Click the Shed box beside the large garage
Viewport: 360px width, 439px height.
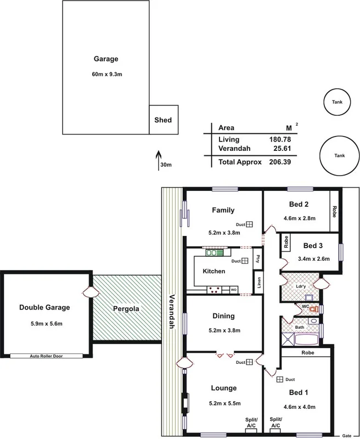(x=164, y=120)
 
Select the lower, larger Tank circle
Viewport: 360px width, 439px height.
(x=339, y=155)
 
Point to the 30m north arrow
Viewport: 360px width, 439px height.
(x=159, y=156)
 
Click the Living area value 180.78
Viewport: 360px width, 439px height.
(x=279, y=139)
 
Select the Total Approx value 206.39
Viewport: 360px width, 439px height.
(x=279, y=162)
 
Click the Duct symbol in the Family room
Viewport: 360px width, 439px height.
(x=249, y=224)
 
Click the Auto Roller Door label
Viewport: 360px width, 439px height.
(x=46, y=356)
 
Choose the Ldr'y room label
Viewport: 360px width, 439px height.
(x=301, y=285)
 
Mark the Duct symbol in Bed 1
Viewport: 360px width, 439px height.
(x=279, y=380)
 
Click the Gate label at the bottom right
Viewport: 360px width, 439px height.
(x=346, y=435)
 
